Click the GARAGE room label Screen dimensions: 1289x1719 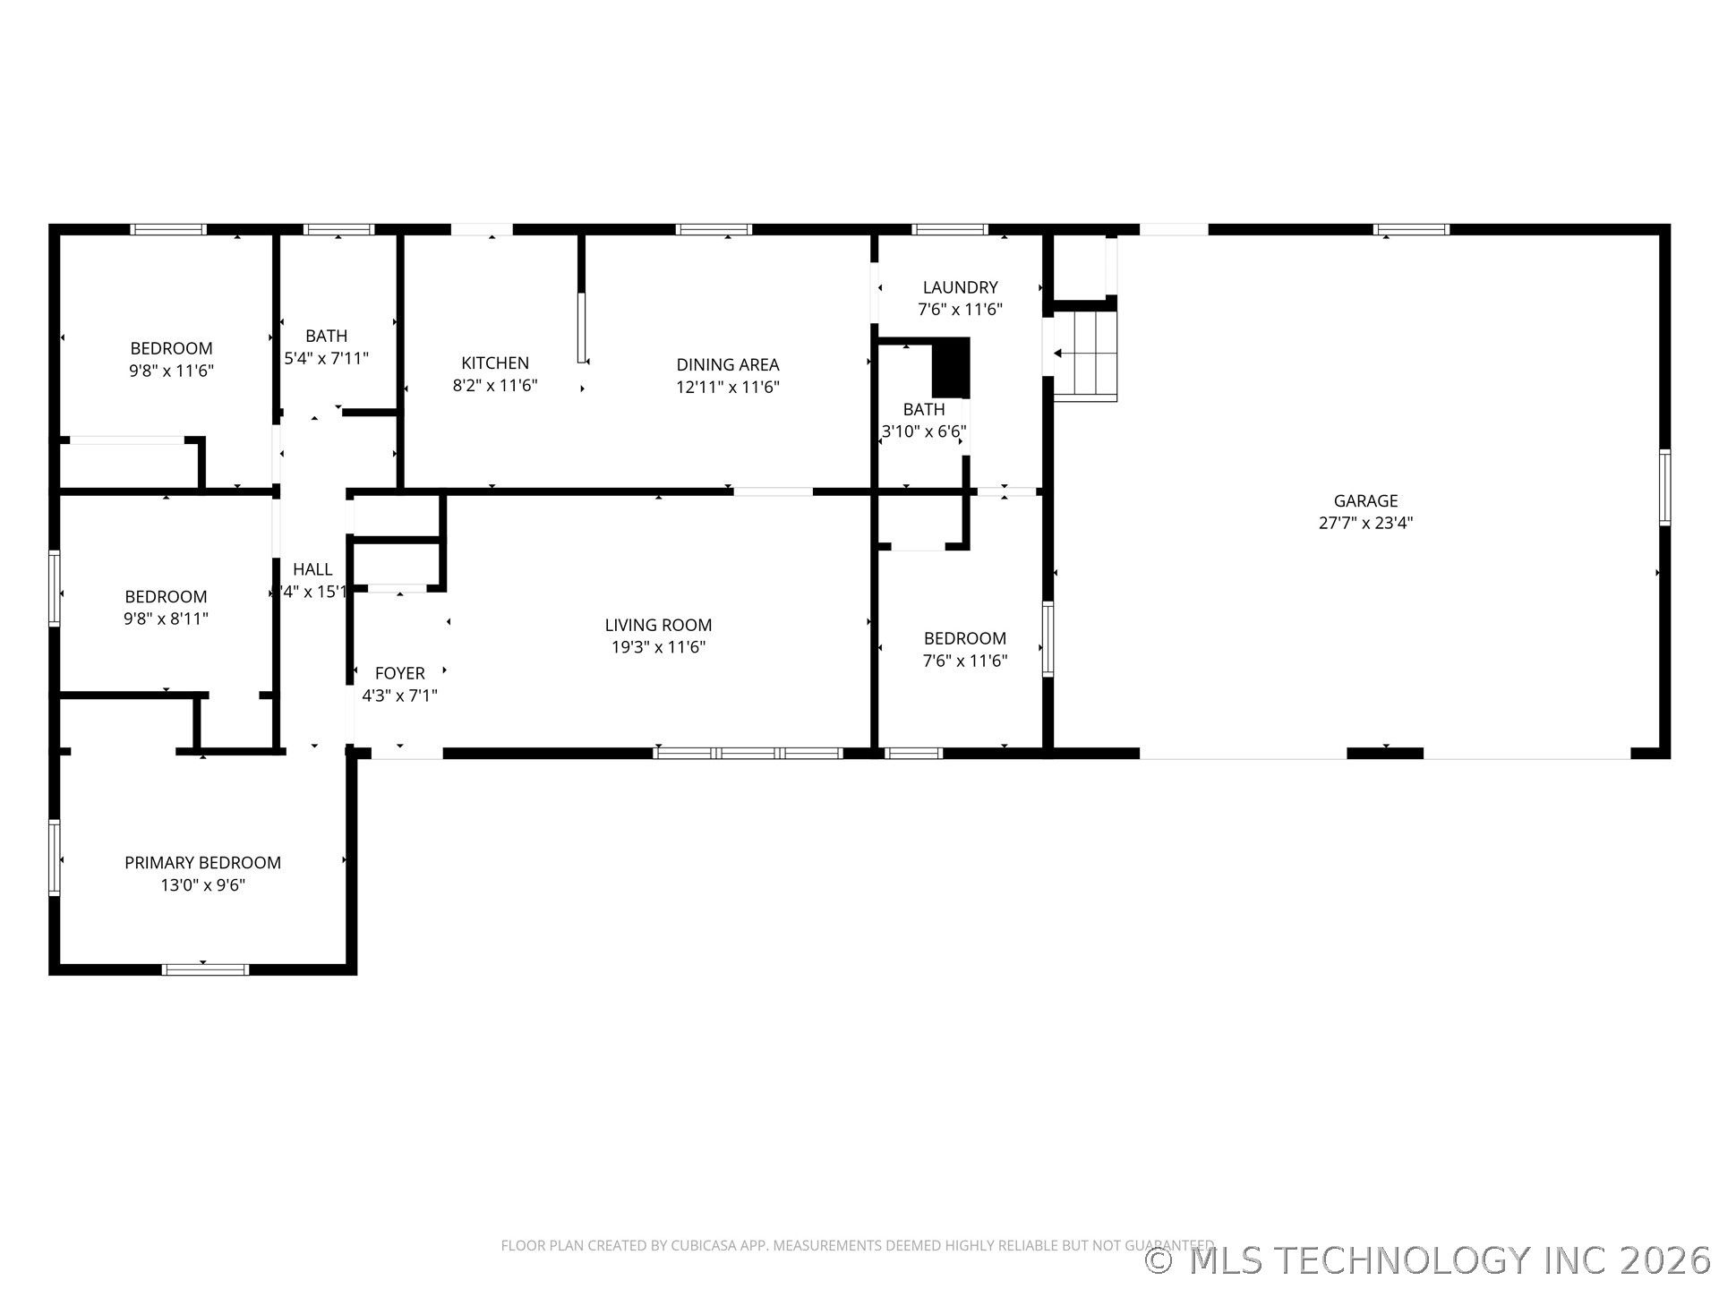[1364, 501]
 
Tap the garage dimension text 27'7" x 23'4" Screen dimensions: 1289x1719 [1364, 524]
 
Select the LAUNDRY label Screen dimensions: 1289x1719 [960, 287]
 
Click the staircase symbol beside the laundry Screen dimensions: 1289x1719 [1085, 354]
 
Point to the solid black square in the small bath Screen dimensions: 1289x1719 [951, 368]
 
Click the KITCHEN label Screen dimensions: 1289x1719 [494, 363]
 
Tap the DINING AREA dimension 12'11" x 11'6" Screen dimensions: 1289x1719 [727, 388]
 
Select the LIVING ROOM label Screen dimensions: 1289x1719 [658, 626]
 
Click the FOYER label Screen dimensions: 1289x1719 [399, 673]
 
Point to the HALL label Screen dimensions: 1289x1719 [312, 569]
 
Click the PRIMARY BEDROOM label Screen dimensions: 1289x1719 [202, 863]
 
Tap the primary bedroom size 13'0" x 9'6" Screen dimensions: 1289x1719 [202, 885]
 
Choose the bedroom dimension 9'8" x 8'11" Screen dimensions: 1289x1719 [166, 619]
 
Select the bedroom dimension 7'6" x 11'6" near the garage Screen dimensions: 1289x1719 [965, 662]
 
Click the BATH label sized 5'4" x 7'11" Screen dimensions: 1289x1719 [326, 337]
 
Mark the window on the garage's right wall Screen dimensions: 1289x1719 [1664, 487]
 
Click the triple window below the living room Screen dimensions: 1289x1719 [748, 753]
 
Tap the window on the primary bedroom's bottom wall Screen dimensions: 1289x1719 [205, 969]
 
